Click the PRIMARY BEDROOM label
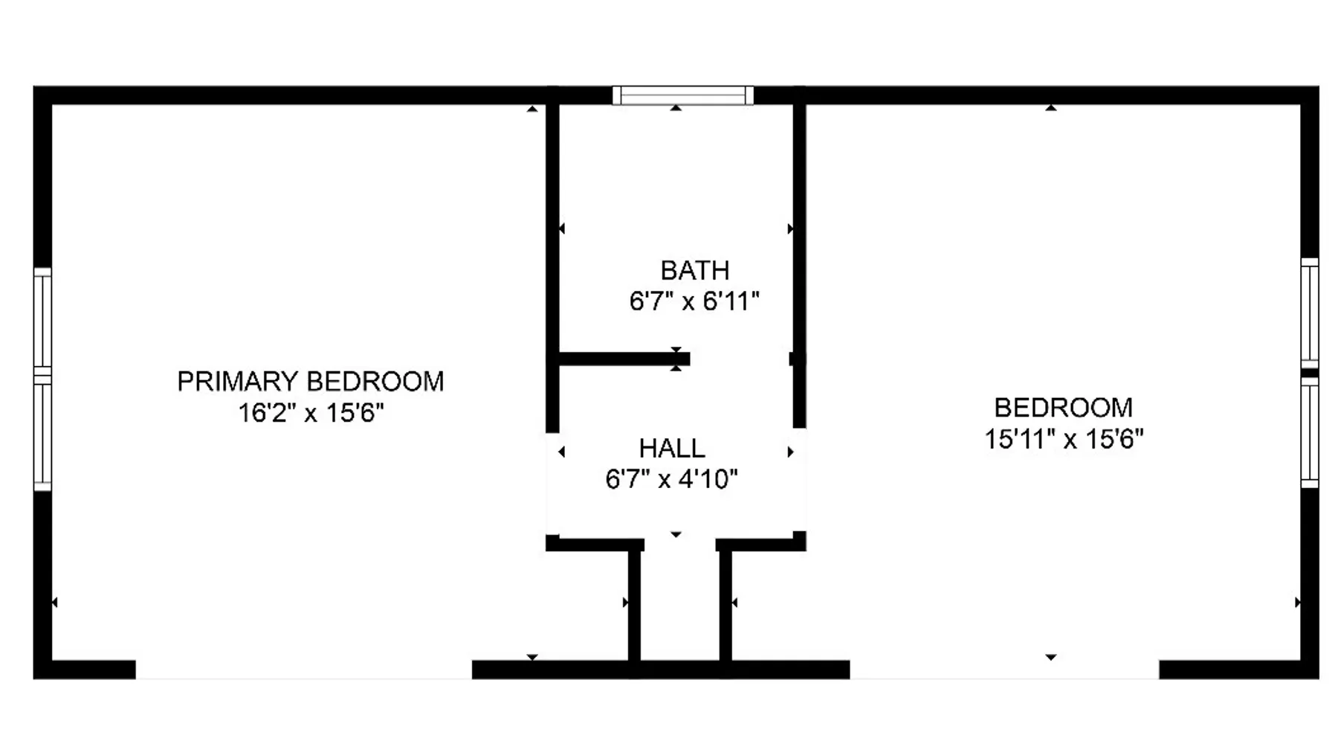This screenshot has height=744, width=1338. pyautogui.click(x=311, y=382)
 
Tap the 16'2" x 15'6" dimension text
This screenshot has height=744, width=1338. pyautogui.click(x=311, y=412)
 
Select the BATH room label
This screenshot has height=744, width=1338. pyautogui.click(x=695, y=270)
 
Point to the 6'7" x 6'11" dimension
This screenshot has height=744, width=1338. pyautogui.click(x=694, y=301)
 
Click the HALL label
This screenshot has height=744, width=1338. pyautogui.click(x=672, y=449)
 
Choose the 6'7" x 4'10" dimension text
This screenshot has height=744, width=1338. pyautogui.click(x=672, y=479)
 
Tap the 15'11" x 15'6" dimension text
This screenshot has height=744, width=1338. pyautogui.click(x=1064, y=439)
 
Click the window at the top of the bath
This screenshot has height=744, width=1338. pyautogui.click(x=683, y=95)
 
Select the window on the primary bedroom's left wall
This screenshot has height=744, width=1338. pyautogui.click(x=42, y=379)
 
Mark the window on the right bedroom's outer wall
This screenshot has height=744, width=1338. pyautogui.click(x=1310, y=373)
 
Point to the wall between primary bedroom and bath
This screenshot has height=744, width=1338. pyautogui.click(x=552, y=268)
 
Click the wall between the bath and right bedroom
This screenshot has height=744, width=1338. pyautogui.click(x=799, y=266)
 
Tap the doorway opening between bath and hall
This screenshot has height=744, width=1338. pyautogui.click(x=740, y=359)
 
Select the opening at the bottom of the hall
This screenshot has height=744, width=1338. pyautogui.click(x=679, y=544)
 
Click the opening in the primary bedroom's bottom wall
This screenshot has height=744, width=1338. pyautogui.click(x=304, y=669)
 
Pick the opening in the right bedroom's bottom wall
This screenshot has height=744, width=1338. pyautogui.click(x=1004, y=669)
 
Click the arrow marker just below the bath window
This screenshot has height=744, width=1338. pyautogui.click(x=676, y=109)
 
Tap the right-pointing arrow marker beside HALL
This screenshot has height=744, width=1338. pyautogui.click(x=790, y=452)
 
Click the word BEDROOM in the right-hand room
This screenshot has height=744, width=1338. pyautogui.click(x=1064, y=408)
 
